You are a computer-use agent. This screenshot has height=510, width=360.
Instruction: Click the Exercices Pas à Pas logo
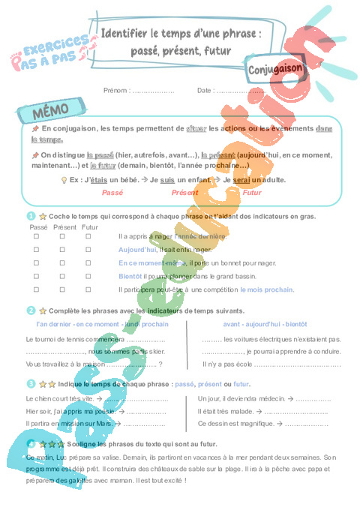[x=49, y=55]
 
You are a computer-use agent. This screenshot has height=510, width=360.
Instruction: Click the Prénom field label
[x=117, y=90]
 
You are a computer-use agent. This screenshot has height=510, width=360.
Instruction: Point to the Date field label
[x=205, y=90]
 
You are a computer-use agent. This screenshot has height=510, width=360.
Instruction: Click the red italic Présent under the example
[x=184, y=193]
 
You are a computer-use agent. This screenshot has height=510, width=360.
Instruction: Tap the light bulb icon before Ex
[x=63, y=180]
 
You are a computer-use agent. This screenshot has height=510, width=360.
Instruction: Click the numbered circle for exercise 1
[x=31, y=216]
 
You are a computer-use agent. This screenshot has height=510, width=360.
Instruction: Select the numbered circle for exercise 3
[x=31, y=383]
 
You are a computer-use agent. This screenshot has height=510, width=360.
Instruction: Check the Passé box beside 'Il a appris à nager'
[x=36, y=236]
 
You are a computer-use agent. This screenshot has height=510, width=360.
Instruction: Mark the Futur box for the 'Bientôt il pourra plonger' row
[x=88, y=276]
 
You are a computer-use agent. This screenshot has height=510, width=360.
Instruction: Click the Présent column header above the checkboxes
[x=65, y=226]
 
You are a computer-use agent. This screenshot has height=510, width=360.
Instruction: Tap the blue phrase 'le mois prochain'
[x=267, y=289]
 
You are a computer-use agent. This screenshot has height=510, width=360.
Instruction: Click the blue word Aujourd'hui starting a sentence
[x=137, y=250]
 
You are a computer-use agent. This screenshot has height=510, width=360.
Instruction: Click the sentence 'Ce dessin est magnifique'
[x=234, y=424]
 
